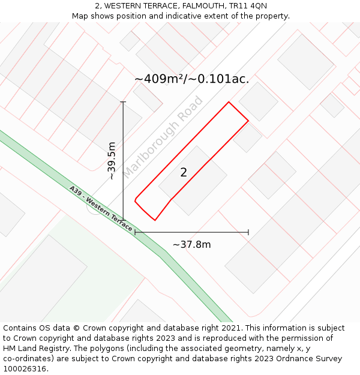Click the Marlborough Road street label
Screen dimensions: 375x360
pos(163,137)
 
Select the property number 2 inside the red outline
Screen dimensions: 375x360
pos(184,173)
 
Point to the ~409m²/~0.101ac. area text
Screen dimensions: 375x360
pos(191,79)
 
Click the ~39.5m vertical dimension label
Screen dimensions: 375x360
pos(112,161)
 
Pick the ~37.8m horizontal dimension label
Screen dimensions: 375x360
pos(191,244)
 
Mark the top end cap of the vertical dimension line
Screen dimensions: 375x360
pos(123,102)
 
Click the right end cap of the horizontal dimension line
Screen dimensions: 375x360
pos(248,232)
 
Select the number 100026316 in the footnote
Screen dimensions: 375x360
pos(25,369)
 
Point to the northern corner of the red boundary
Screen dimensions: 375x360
pos(229,102)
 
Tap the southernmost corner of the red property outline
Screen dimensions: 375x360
pos(155,220)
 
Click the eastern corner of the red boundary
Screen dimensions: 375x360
pos(248,121)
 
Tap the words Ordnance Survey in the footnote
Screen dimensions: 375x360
pos(313,359)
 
